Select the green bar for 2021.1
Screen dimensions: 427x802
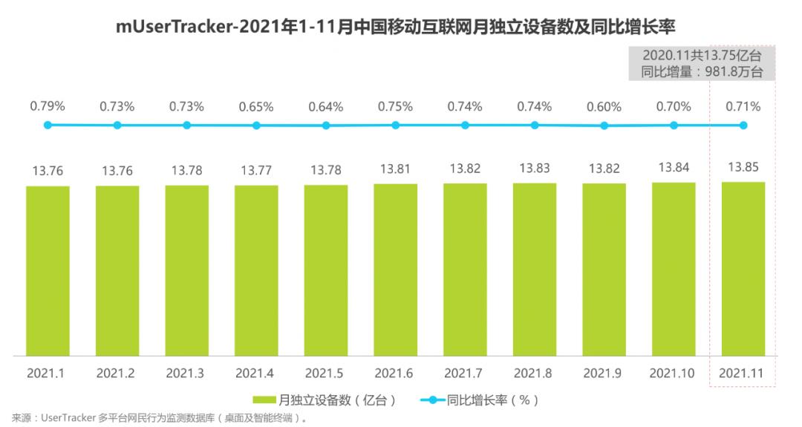(48, 271)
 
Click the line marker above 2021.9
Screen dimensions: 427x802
(604, 126)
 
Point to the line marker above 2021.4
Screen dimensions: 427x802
(256, 126)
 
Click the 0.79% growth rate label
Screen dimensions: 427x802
(48, 107)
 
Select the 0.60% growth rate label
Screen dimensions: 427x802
(604, 107)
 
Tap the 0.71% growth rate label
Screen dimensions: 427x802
(743, 107)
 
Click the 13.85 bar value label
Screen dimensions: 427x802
(743, 167)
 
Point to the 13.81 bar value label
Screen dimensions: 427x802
(395, 169)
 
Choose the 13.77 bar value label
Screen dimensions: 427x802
(256, 171)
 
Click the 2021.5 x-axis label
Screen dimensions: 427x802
(326, 373)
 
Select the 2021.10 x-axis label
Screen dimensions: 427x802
(673, 373)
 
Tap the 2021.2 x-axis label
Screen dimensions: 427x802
(117, 373)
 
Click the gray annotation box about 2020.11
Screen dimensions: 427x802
(702, 63)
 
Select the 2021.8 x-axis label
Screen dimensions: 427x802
(534, 373)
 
